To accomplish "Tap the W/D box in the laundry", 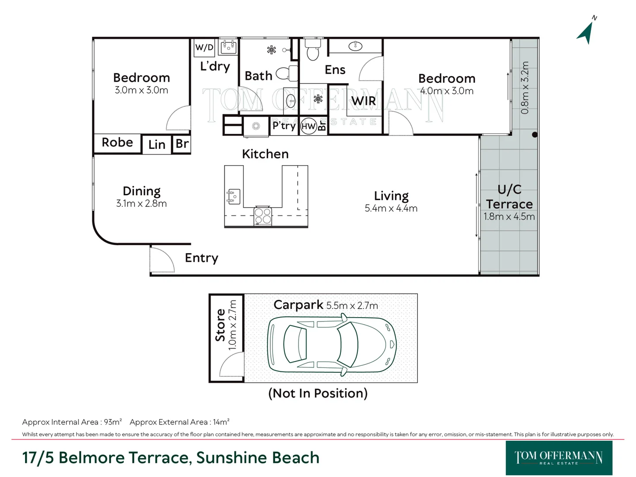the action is [204, 47].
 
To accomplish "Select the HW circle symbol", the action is [308, 126].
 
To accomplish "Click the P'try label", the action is [284, 125].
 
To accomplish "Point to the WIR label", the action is [363, 101].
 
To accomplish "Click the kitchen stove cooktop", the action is [262, 216].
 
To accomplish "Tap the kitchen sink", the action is [233, 197].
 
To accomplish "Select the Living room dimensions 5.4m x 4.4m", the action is [391, 208].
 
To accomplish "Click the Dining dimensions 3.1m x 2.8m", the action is [141, 204].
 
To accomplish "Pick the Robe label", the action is [117, 142].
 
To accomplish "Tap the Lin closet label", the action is [157, 144].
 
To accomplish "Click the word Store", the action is [220, 325].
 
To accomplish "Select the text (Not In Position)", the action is [318, 393].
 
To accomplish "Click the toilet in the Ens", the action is [313, 49].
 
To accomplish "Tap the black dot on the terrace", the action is [535, 135].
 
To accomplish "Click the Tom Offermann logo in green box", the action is [559, 458].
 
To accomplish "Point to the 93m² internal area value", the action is [113, 422].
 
